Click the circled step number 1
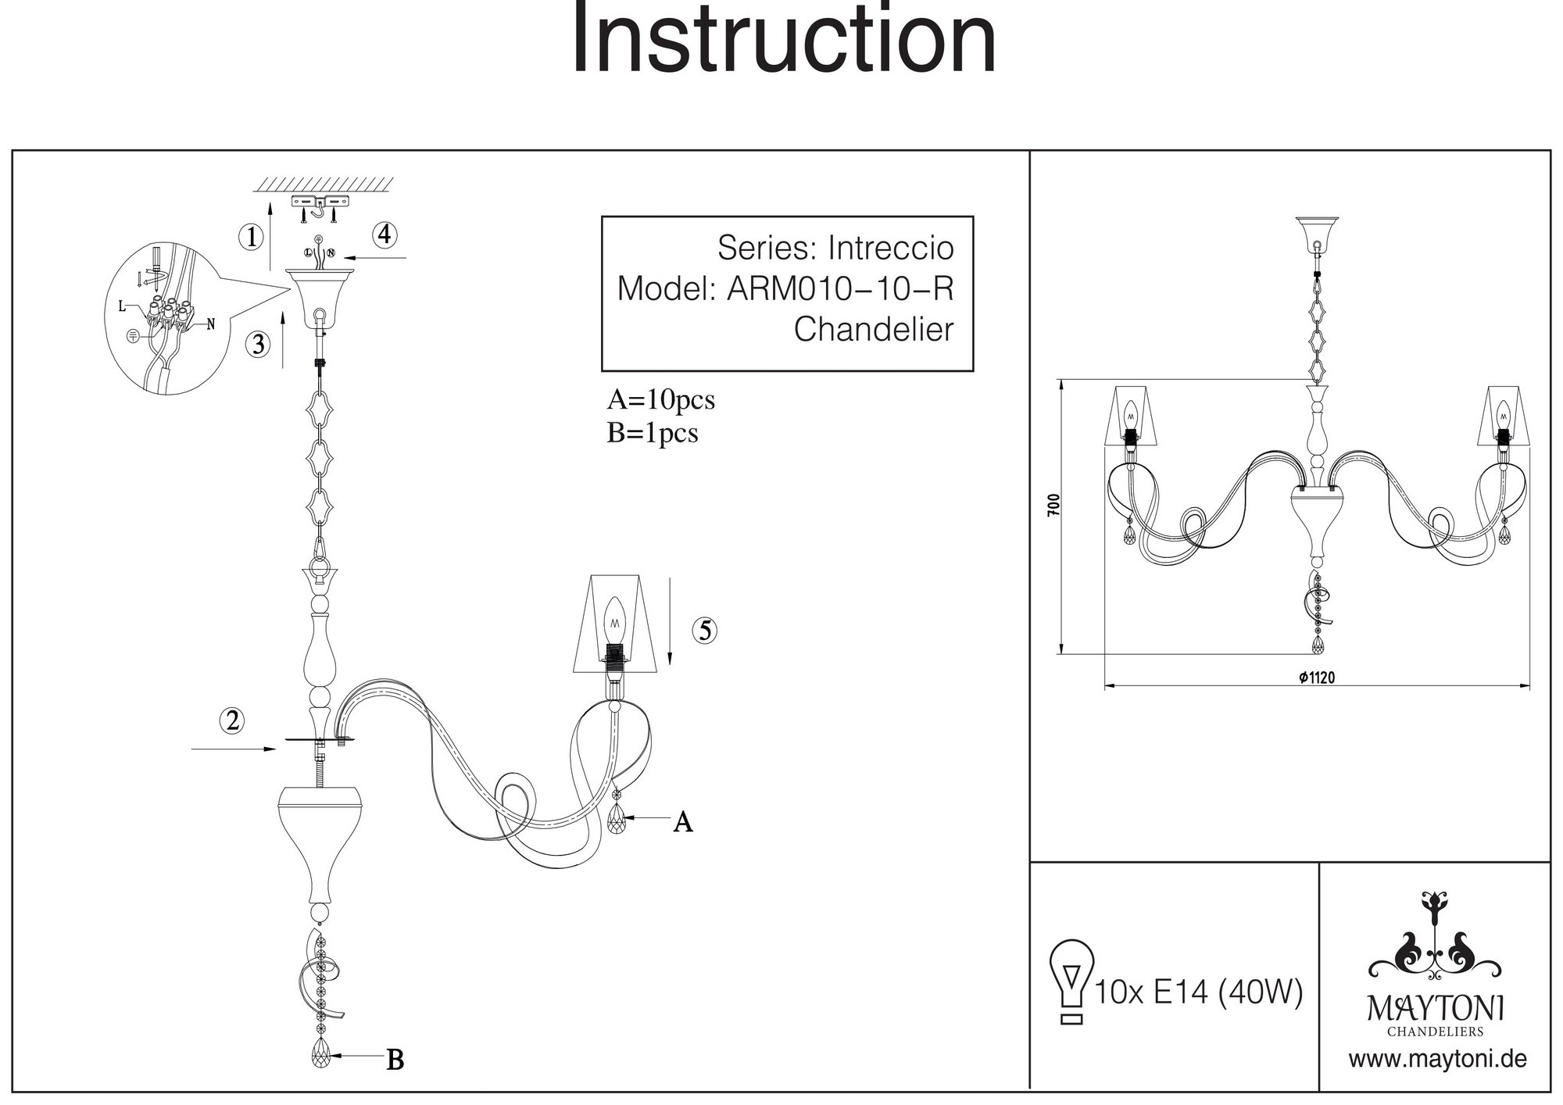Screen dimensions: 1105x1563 (251, 237)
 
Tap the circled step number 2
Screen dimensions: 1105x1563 (232, 721)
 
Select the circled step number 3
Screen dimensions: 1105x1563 (258, 344)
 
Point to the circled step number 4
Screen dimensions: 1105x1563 (384, 234)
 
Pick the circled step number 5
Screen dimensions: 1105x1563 (705, 631)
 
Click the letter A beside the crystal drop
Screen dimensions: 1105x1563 (683, 822)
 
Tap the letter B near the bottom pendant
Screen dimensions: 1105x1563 (395, 1060)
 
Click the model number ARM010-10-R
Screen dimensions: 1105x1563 (840, 289)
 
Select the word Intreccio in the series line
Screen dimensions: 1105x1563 (891, 249)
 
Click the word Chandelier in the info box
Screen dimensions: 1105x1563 (873, 330)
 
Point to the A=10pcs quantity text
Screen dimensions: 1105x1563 (660, 400)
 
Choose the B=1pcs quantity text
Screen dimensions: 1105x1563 (652, 433)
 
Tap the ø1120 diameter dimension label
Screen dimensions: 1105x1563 (1317, 678)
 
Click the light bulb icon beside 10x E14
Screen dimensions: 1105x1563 (1071, 981)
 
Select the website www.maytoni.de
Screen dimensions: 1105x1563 (1437, 1060)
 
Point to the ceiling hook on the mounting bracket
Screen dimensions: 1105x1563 (320, 209)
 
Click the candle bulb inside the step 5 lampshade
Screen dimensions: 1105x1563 (615, 620)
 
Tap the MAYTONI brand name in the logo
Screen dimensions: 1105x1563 (1435, 1009)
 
